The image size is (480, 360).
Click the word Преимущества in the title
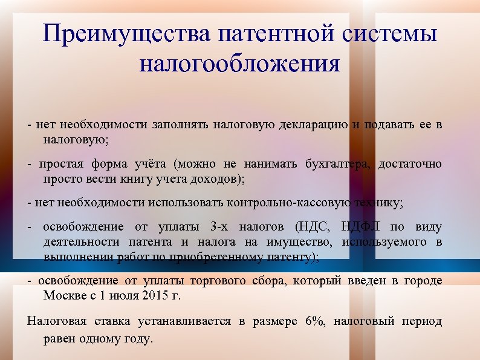(x=126, y=34)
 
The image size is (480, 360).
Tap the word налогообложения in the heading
(x=240, y=63)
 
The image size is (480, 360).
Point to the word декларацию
(x=314, y=125)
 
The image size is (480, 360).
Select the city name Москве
(x=63, y=296)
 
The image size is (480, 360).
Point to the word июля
(x=125, y=296)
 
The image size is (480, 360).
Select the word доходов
(x=212, y=180)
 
